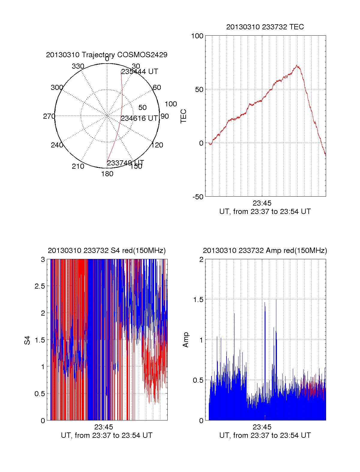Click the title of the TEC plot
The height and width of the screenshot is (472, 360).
tap(265, 27)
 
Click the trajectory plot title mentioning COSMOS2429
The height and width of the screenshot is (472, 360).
tap(106, 55)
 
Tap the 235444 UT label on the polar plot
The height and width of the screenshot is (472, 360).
tap(139, 72)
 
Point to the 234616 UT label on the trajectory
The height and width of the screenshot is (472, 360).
tap(139, 118)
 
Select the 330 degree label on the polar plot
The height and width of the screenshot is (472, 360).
tap(78, 66)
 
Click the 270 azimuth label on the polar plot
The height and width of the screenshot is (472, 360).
tap(49, 116)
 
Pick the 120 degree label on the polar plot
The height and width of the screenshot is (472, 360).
tap(157, 145)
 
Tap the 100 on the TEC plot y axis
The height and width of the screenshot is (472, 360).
tap(197, 36)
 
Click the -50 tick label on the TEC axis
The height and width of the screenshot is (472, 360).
tap(198, 197)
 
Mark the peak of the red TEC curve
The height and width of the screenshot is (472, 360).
tap(297, 65)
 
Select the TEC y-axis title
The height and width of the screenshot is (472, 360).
tap(183, 116)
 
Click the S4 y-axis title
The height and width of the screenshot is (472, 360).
tap(27, 340)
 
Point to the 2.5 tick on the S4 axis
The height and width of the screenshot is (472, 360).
tap(40, 286)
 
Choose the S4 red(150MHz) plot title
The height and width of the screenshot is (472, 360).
tap(106, 251)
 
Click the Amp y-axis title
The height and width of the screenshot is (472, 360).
tap(186, 340)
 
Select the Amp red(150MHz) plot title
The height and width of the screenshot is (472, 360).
tap(265, 251)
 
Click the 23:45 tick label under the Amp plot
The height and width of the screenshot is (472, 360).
tap(262, 427)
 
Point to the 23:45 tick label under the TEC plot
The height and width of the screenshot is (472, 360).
tap(262, 203)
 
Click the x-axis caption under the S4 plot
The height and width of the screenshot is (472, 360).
tap(106, 435)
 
